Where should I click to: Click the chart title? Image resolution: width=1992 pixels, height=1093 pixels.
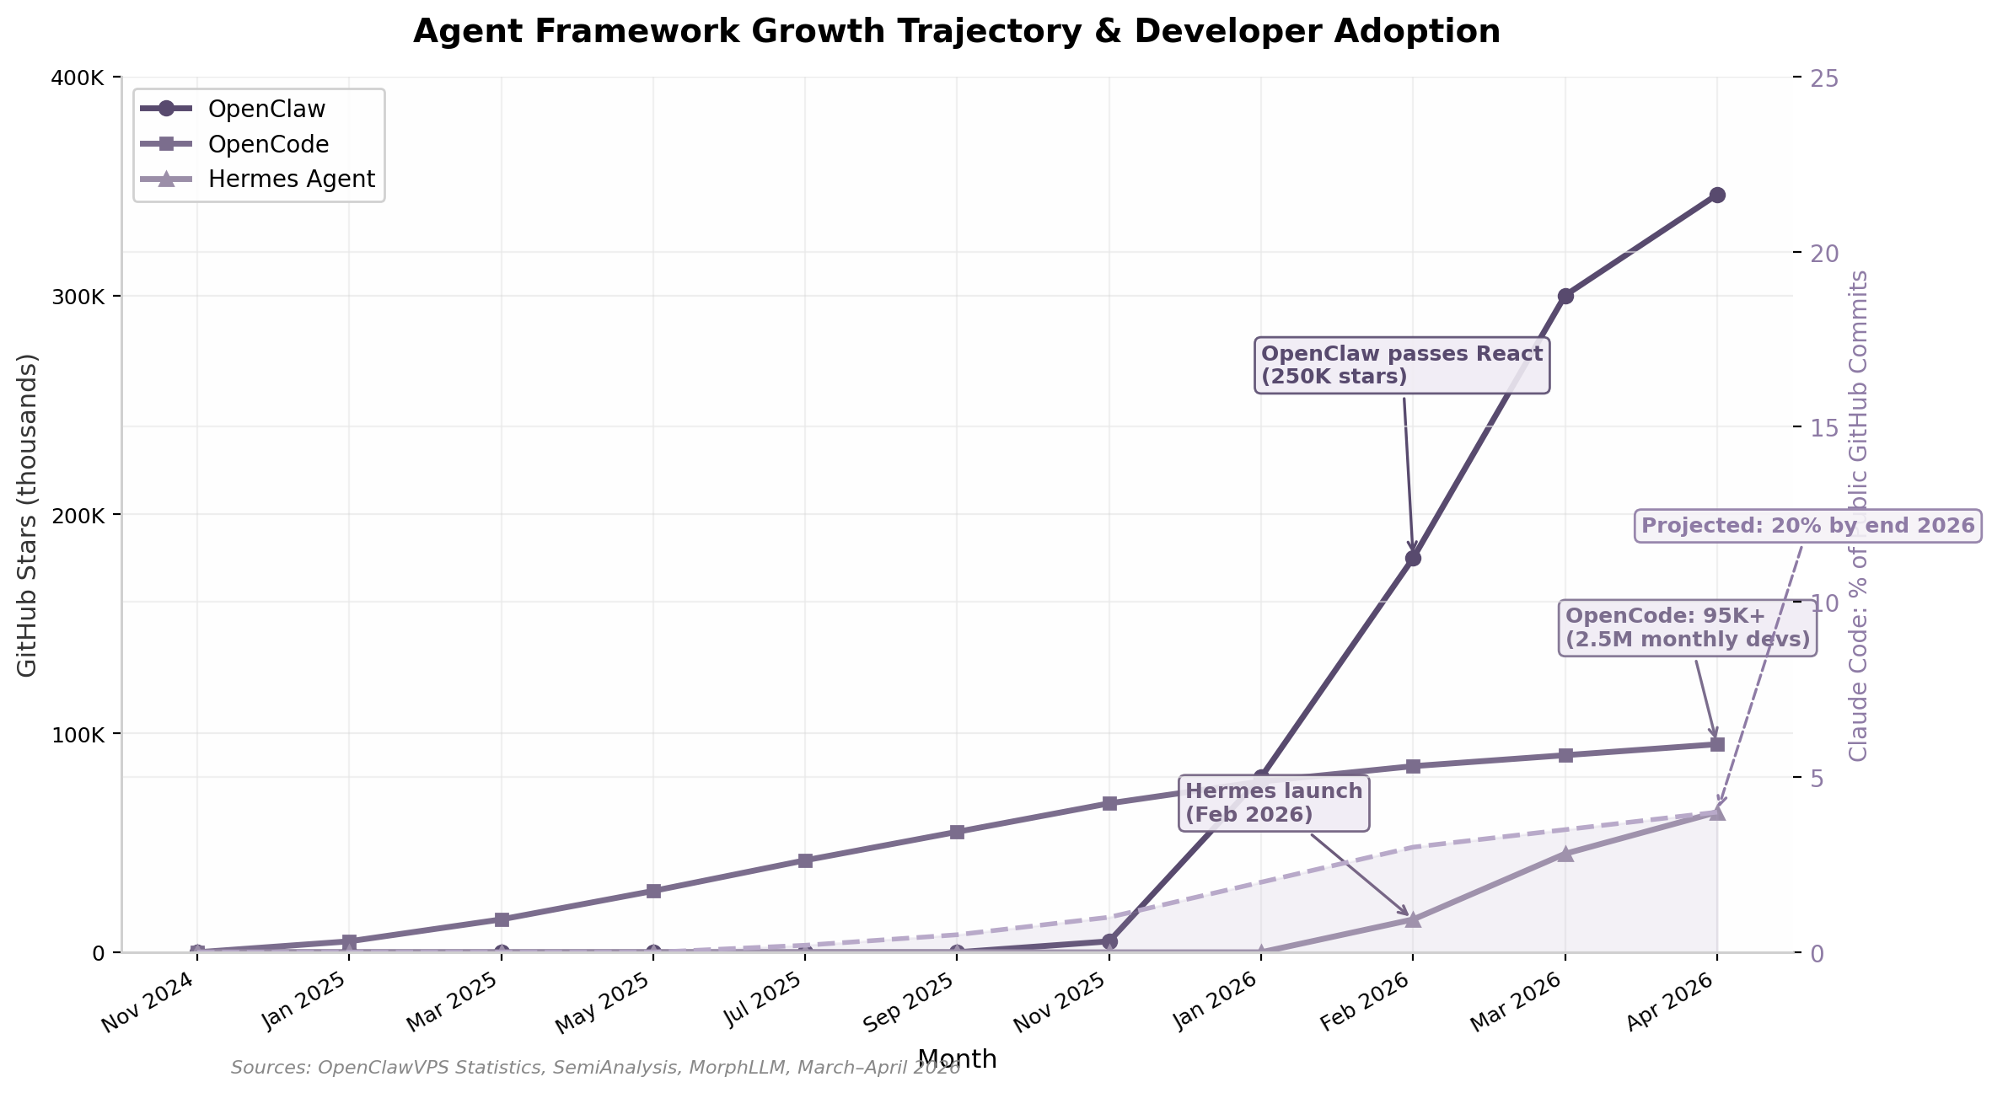coord(956,32)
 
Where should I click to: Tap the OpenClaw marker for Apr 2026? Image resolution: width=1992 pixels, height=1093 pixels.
coord(1717,196)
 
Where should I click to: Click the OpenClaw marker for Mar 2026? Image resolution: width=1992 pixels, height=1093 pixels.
coord(1565,296)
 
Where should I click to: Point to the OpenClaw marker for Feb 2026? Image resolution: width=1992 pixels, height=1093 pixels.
coord(1413,558)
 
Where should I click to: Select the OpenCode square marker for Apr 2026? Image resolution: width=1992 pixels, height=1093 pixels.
coord(1717,744)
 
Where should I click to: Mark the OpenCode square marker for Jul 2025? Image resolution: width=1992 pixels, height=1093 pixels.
coord(805,860)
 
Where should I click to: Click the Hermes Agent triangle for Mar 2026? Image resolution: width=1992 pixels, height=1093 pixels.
coord(1565,854)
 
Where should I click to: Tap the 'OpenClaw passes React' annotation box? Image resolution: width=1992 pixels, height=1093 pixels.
coord(1401,366)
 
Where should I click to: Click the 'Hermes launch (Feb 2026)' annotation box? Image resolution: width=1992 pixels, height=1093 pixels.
coord(1273,803)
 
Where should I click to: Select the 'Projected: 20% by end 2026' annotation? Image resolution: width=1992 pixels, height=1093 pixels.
coord(1807,526)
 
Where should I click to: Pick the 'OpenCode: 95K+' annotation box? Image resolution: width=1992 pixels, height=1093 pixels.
coord(1687,628)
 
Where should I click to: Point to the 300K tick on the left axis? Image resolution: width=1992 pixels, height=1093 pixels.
coord(81,297)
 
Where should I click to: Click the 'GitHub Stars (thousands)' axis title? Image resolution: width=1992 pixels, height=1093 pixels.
coord(27,514)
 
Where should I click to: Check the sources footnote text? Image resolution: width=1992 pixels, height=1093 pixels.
coord(595,1068)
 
